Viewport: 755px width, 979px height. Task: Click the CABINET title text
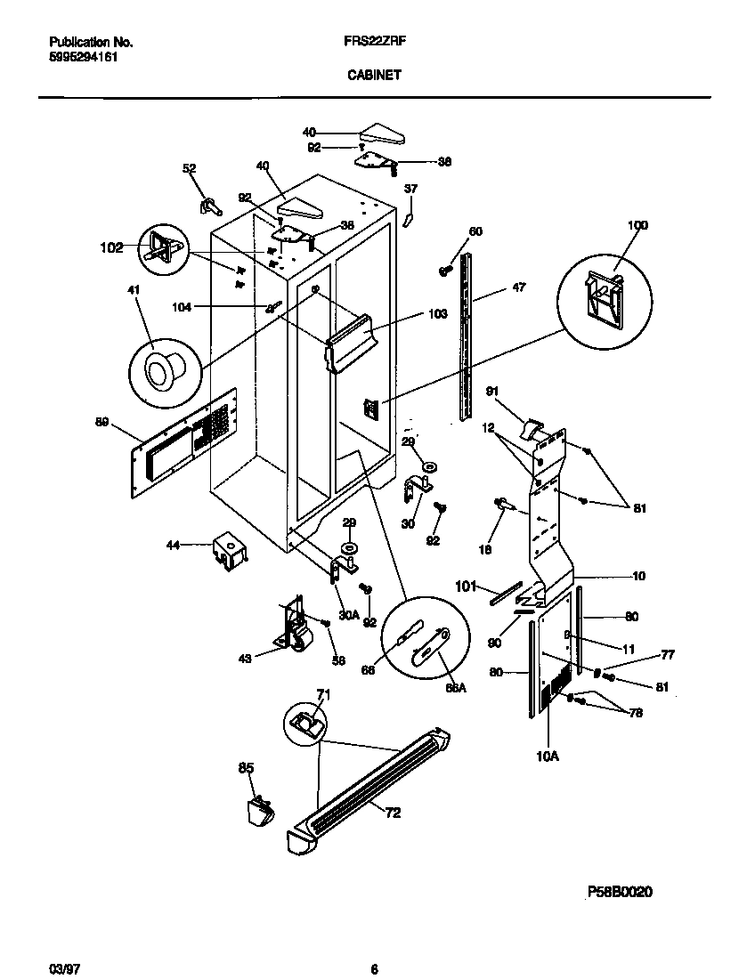click(x=373, y=76)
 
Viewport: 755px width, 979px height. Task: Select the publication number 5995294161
click(x=82, y=57)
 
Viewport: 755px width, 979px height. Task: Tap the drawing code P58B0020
click(x=620, y=892)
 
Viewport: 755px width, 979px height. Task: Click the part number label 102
click(x=111, y=248)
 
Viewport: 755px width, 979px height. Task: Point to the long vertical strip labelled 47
click(x=464, y=338)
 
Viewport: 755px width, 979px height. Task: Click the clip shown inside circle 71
click(x=305, y=724)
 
